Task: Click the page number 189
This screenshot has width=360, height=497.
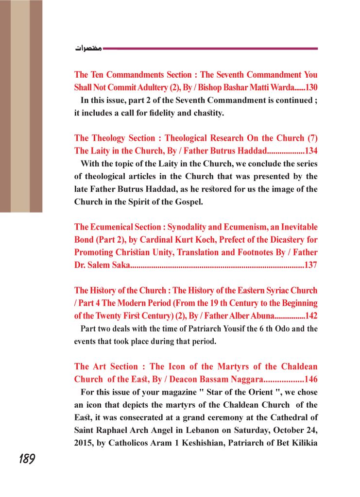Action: pos(27,459)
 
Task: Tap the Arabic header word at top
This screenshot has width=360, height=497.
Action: pos(88,49)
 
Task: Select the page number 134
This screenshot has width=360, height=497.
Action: pos(309,151)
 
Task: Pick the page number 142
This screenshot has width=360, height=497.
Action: pos(310,316)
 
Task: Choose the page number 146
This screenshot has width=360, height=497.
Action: pos(309,379)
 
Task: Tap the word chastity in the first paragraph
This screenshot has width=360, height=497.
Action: pos(206,114)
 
